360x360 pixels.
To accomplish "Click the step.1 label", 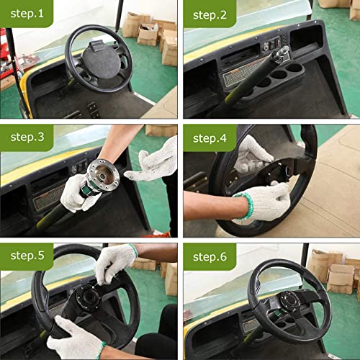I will [x=25, y=14].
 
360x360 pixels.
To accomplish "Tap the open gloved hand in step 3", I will [x=153, y=160].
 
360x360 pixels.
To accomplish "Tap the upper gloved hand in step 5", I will [x=115, y=261].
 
